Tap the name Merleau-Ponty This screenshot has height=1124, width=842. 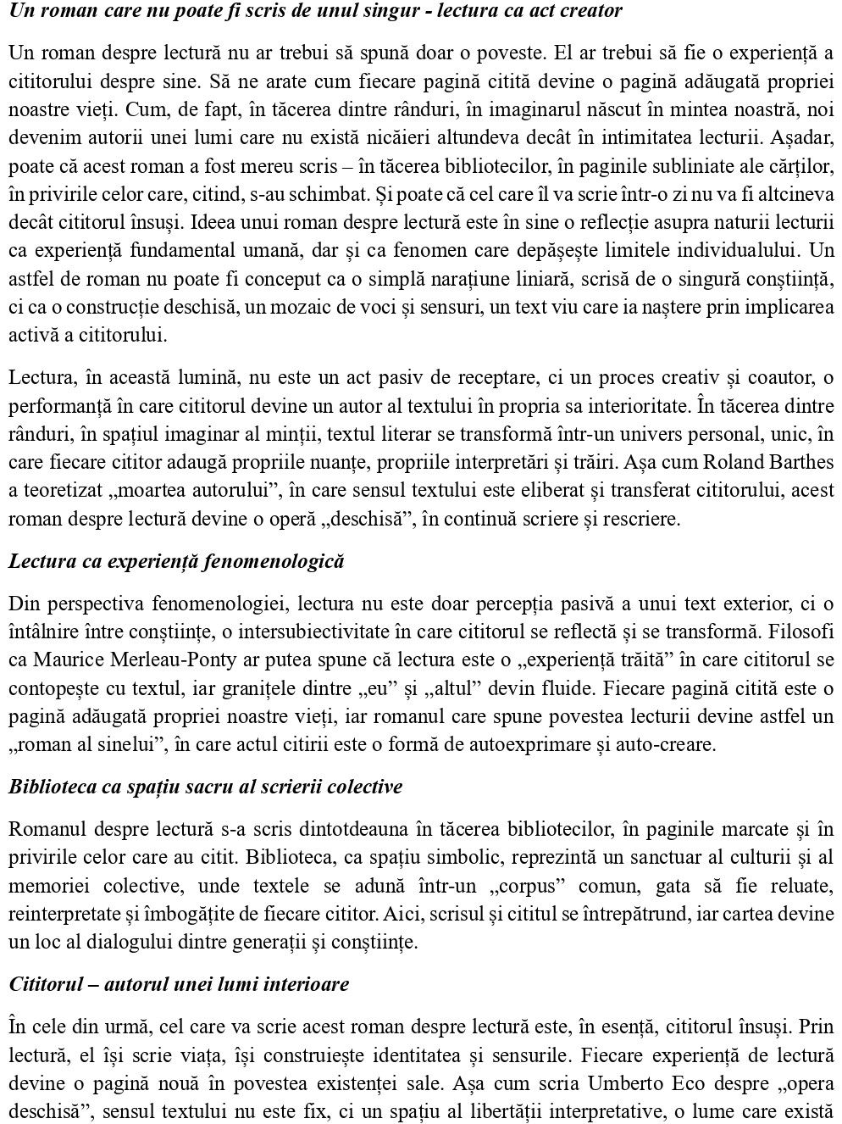pos(178,659)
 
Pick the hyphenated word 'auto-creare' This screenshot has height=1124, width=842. pos(667,745)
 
